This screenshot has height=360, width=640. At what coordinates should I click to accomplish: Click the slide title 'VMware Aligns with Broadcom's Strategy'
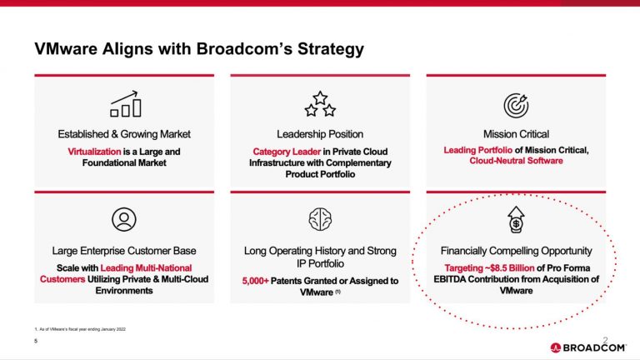pyautogui.click(x=198, y=49)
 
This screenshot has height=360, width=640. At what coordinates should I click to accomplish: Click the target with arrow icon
pyautogui.click(x=516, y=104)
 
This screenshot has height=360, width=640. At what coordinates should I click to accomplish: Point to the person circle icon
pyautogui.click(x=124, y=219)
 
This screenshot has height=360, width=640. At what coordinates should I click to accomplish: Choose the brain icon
pyautogui.click(x=320, y=219)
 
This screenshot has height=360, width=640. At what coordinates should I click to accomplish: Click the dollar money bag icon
pyautogui.click(x=516, y=219)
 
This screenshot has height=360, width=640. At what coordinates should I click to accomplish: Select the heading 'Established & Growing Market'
pyautogui.click(x=124, y=134)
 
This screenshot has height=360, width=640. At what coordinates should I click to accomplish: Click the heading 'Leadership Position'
pyautogui.click(x=320, y=134)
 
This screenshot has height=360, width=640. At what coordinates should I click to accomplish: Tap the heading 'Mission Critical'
pyautogui.click(x=516, y=134)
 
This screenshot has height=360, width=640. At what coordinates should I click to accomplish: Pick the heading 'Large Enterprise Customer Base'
pyautogui.click(x=124, y=251)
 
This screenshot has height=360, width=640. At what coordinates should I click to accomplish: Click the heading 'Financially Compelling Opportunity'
pyautogui.click(x=516, y=251)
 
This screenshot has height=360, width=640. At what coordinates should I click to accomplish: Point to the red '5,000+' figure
pyautogui.click(x=260, y=281)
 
